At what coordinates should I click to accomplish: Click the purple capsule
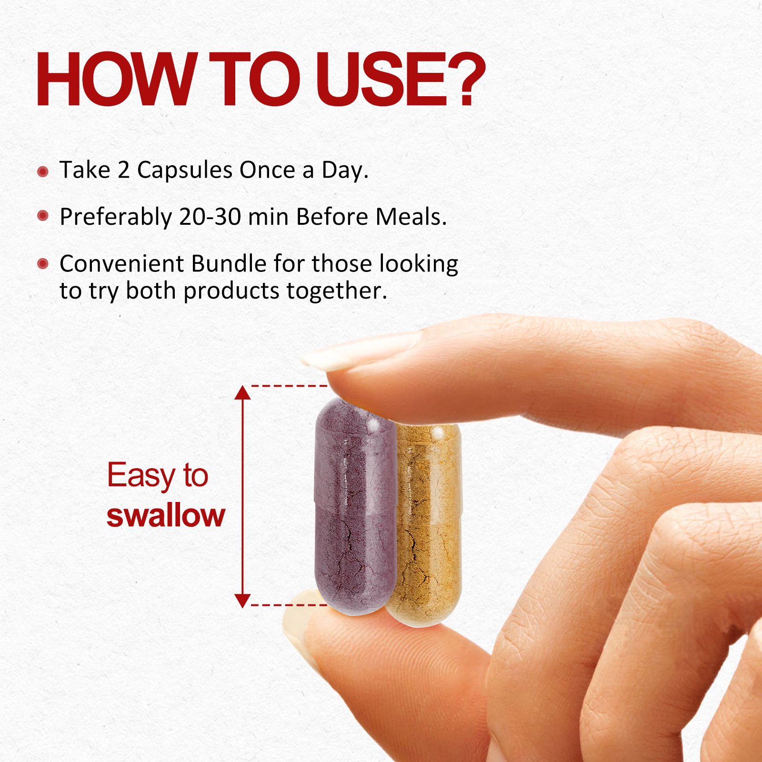pyautogui.click(x=355, y=506)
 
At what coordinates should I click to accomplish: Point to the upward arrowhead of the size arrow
pyautogui.click(x=242, y=392)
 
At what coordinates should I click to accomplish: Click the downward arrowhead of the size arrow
pyautogui.click(x=242, y=601)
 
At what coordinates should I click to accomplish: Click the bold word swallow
pyautogui.click(x=166, y=515)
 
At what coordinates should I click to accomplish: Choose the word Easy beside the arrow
pyautogui.click(x=141, y=476)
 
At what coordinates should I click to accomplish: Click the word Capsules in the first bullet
pyautogui.click(x=185, y=170)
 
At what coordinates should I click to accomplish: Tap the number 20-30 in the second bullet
pyautogui.click(x=210, y=217)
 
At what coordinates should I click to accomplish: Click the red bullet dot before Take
pyautogui.click(x=43, y=171)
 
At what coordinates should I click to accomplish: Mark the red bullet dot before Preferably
pyautogui.click(x=43, y=216)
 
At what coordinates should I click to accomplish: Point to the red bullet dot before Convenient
pyautogui.click(x=43, y=263)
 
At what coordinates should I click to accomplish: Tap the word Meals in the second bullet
pyautogui.click(x=411, y=217)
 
